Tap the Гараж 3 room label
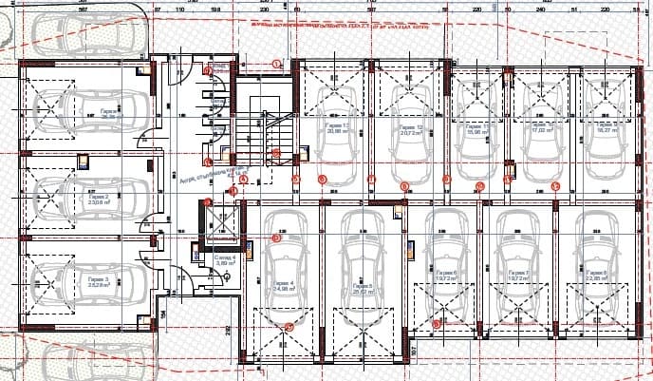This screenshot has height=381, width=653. [99, 280]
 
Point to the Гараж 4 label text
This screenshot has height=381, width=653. [282, 284]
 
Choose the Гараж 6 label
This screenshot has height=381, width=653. [447, 275]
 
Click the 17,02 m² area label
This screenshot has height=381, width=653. [541, 132]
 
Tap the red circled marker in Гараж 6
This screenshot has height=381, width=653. [436, 325]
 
